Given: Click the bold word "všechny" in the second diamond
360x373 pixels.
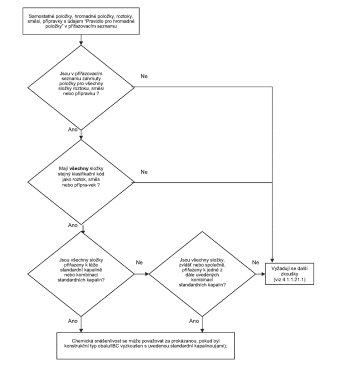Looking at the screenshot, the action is click(79, 168).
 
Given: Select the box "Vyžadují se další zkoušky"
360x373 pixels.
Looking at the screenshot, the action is click(289, 274).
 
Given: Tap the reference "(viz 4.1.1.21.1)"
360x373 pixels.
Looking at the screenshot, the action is click(289, 279).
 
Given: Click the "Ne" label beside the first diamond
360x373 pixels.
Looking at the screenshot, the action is click(144, 76).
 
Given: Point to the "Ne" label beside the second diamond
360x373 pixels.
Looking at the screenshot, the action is click(144, 172).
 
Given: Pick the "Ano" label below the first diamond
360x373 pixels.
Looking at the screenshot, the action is click(73, 129).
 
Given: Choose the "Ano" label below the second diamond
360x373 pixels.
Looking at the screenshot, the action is click(73, 225).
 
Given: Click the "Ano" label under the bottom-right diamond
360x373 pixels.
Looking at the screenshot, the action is click(194, 321).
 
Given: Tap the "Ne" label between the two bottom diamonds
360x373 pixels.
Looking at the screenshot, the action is click(139, 262).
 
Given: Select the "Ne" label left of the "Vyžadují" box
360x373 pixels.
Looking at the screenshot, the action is click(255, 262).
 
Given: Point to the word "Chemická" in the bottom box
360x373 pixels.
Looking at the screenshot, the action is click(80, 341).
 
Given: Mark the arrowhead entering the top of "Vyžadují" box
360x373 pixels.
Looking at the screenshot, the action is click(272, 260).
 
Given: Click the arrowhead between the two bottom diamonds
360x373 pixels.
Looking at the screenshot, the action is click(147, 274).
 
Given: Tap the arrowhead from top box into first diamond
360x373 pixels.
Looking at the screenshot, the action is click(81, 43).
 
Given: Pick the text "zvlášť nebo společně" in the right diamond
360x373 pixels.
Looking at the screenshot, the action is click(202, 265).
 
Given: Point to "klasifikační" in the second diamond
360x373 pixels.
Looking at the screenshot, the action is click(83, 174).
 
